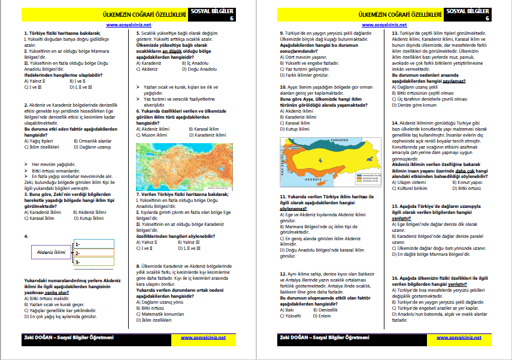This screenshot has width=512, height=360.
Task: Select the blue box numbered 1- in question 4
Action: [93, 244]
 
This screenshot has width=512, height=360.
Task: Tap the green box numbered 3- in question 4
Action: [93, 262]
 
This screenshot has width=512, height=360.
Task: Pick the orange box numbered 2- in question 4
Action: [93, 253]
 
